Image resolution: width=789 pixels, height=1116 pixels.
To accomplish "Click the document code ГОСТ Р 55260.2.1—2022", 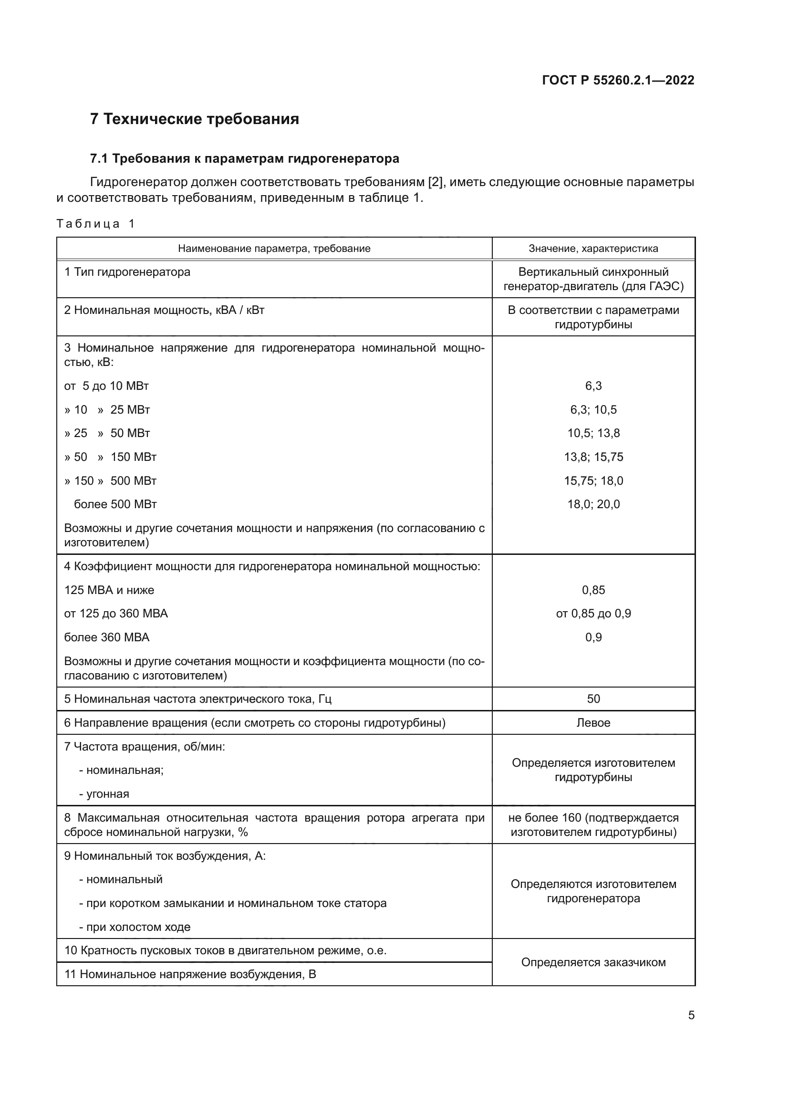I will click(x=618, y=80).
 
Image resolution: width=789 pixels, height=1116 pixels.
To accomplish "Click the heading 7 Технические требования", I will click(x=194, y=119).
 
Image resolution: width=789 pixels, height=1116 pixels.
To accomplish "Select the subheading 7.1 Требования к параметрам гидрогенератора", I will click(x=244, y=158).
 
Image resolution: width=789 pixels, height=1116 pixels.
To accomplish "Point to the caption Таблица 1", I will click(x=95, y=224).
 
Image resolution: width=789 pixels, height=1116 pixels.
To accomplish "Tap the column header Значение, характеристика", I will click(x=593, y=249).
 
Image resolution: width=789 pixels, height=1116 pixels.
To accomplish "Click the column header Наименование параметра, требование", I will click(x=274, y=249).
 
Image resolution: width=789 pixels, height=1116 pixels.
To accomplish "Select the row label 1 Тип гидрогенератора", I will click(x=127, y=271).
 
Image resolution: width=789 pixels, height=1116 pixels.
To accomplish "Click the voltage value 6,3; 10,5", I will click(x=593, y=409).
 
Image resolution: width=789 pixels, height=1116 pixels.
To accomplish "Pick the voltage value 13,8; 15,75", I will click(x=593, y=457).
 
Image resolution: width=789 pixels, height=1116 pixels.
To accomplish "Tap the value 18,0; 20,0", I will click(x=593, y=504).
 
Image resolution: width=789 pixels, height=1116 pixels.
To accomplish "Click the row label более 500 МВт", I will click(x=115, y=504).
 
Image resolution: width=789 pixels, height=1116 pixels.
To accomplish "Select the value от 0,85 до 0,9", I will click(x=593, y=614).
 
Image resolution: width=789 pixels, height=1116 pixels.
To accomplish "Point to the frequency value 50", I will click(x=593, y=699).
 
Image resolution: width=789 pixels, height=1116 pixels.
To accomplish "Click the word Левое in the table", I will click(x=593, y=722).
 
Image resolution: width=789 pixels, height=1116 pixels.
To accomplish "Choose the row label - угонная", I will click(x=104, y=794).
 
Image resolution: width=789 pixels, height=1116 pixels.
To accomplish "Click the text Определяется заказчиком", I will click(x=593, y=962).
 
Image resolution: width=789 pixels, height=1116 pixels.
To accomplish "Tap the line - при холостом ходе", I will click(x=135, y=927).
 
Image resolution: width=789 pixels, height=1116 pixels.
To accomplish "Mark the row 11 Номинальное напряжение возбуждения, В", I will click(x=190, y=974).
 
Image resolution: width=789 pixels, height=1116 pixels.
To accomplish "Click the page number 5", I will click(x=691, y=1015).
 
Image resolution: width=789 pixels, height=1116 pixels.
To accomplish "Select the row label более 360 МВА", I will click(x=107, y=637).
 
